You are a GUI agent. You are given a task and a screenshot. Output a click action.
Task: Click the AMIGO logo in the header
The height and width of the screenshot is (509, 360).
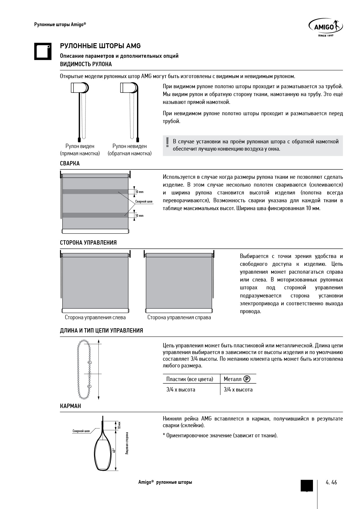click(325, 28)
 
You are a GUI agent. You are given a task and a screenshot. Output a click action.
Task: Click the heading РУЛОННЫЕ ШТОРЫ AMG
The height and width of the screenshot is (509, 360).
click(100, 46)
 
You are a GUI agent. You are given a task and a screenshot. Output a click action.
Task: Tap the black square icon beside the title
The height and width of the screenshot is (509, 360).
click(43, 52)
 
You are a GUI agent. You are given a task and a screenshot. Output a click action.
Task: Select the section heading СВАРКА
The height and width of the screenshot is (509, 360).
click(70, 163)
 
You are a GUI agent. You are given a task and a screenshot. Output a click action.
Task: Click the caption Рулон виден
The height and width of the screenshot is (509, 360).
click(80, 146)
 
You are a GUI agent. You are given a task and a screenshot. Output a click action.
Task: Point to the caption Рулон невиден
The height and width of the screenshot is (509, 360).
click(129, 146)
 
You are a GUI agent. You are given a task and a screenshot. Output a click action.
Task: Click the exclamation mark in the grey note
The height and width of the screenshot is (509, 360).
click(167, 142)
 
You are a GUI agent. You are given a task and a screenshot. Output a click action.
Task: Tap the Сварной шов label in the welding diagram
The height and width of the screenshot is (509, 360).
click(144, 201)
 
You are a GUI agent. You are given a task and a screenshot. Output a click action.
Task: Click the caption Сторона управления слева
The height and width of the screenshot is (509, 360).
click(95, 317)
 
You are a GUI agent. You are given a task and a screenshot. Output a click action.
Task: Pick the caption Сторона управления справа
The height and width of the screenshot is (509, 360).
click(179, 317)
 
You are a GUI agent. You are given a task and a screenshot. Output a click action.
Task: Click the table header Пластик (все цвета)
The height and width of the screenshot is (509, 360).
click(190, 379)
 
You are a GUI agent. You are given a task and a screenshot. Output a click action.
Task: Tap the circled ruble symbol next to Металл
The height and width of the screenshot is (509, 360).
click(247, 379)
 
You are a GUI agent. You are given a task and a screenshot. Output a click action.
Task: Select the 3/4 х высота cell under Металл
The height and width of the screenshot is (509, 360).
click(238, 390)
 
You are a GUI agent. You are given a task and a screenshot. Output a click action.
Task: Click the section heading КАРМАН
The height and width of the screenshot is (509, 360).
click(71, 406)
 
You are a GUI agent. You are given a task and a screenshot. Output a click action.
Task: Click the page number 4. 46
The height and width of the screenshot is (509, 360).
click(331, 482)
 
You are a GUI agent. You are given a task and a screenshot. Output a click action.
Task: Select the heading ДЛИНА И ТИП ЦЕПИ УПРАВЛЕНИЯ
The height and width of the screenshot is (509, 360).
click(101, 331)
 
